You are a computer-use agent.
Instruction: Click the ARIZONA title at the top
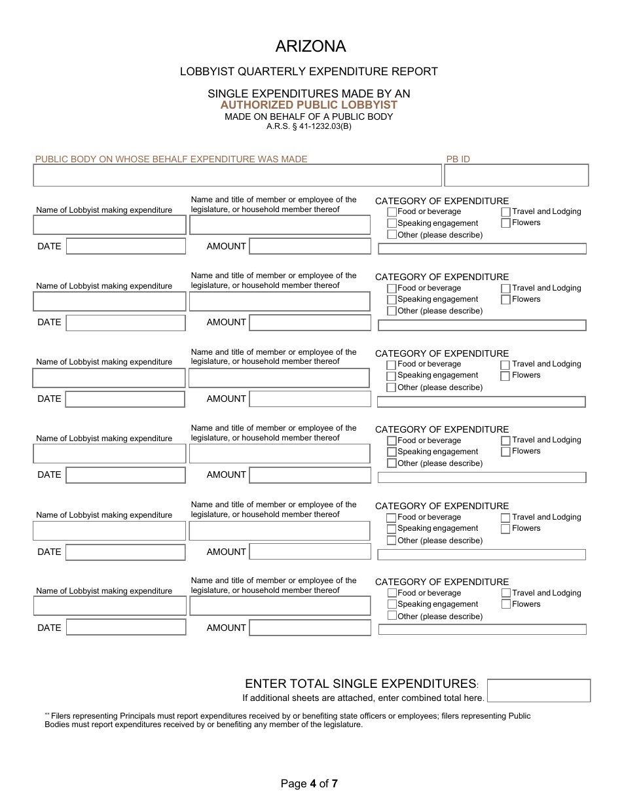pos(310,46)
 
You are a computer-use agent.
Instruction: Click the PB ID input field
pos(516,175)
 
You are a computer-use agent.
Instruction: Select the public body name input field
pos(237,175)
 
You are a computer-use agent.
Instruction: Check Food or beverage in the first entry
pos(392,212)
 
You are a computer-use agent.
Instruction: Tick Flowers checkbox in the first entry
pos(506,223)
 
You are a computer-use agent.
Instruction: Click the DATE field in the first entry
pos(126,246)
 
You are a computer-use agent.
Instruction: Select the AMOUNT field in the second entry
pos(310,323)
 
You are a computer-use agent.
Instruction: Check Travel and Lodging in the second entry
pos(506,289)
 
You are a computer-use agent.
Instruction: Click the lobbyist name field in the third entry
pos(109,378)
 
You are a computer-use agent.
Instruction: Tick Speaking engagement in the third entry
pos(392,376)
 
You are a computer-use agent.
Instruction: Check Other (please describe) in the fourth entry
pos(392,463)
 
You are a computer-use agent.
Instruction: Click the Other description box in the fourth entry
pos(482,478)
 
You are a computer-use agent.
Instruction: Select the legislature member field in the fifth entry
pos(280,531)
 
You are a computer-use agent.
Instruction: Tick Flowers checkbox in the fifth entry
pos(505,529)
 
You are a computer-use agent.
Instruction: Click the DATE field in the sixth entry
pos(126,628)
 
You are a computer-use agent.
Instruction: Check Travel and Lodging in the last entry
pos(506,594)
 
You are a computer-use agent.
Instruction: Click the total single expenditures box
pos(539,690)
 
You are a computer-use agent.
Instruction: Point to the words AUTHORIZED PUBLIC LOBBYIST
pos(308,105)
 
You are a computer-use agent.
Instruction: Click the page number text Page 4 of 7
pos(310,783)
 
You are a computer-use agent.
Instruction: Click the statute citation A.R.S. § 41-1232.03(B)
pos(308,126)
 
